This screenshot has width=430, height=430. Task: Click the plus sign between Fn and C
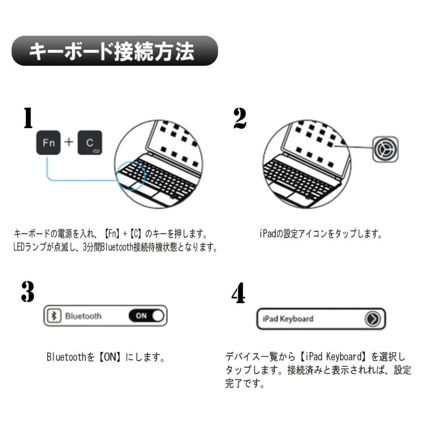click(69, 142)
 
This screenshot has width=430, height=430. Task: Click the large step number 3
click(28, 292)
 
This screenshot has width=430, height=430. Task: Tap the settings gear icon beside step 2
click(385, 149)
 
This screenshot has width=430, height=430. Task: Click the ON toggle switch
click(146, 316)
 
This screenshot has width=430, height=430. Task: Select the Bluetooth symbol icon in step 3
click(55, 316)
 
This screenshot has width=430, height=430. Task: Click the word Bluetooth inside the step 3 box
click(83, 316)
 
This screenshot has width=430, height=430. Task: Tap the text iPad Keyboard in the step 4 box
click(288, 319)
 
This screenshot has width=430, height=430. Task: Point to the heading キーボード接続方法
click(113, 51)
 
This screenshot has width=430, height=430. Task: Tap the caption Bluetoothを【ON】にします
click(106, 357)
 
